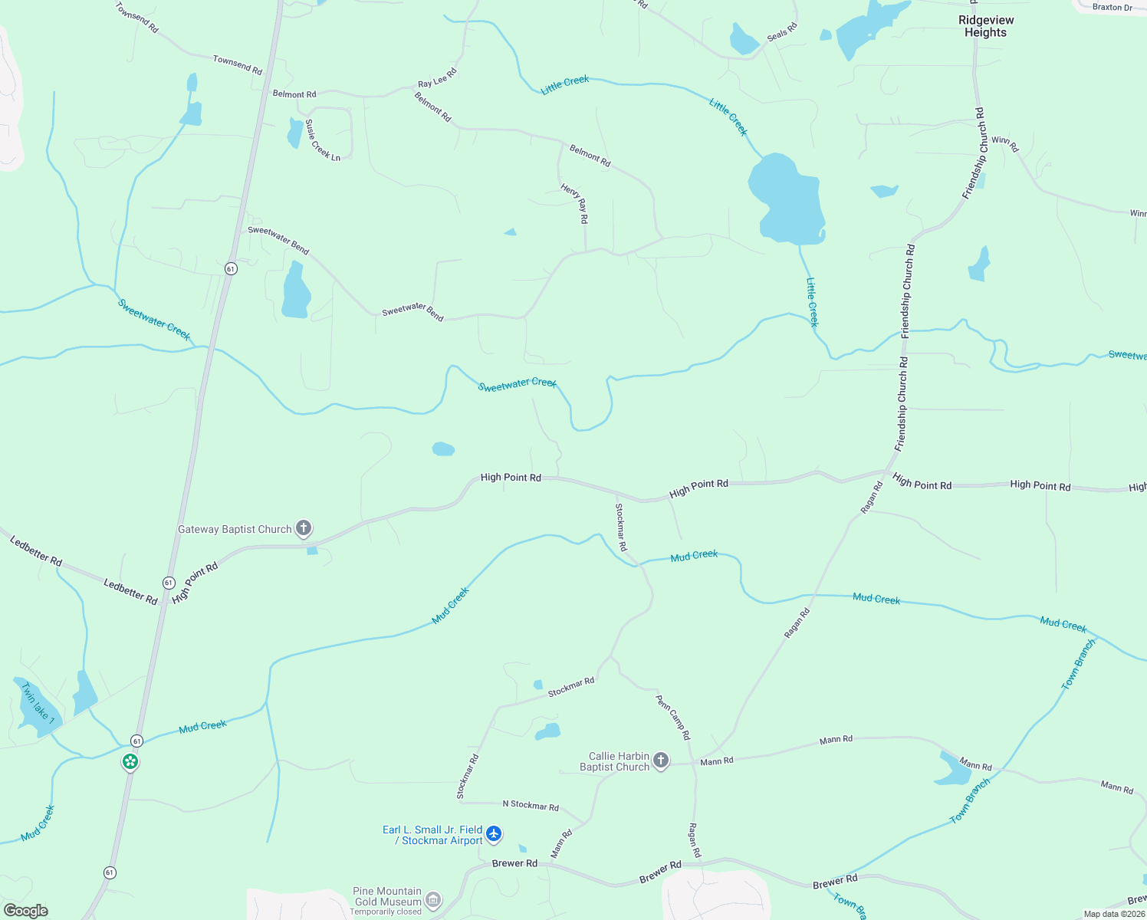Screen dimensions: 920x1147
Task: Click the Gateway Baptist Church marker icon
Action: click(304, 528)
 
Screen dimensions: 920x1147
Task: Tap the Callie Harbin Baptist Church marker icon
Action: click(661, 761)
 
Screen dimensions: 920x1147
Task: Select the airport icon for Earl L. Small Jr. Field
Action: click(494, 833)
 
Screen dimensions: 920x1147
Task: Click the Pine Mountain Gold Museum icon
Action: click(433, 899)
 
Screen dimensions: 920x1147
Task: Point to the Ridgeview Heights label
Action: click(986, 26)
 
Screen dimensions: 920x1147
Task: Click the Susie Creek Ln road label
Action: click(322, 140)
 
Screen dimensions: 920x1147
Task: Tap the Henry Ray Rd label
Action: click(575, 203)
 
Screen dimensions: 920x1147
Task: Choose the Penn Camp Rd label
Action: click(673, 718)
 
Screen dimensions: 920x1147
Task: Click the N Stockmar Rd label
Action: click(531, 806)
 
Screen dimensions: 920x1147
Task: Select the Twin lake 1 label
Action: click(38, 703)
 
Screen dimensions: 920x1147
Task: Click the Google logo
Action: click(25, 911)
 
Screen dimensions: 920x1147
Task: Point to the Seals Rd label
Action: click(782, 32)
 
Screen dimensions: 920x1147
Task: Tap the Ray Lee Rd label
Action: click(437, 78)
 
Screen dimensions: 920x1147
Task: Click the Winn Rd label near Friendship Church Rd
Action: click(1004, 143)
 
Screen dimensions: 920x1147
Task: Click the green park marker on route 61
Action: click(131, 762)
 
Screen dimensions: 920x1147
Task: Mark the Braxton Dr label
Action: click(1112, 7)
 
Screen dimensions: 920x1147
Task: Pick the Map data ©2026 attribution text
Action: click(1114, 914)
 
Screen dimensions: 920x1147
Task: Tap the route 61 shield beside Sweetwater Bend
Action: click(231, 268)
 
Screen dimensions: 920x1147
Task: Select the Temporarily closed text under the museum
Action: click(386, 912)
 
